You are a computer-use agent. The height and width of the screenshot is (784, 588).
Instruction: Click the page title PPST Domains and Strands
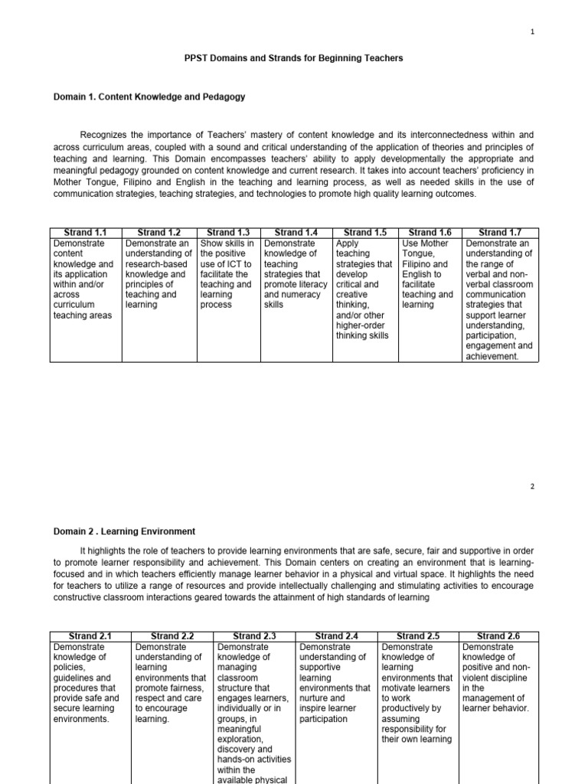point(294,58)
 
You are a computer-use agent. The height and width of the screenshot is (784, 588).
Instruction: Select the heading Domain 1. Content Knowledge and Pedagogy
point(149,96)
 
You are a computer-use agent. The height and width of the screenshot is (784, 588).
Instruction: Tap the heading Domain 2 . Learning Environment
point(124,531)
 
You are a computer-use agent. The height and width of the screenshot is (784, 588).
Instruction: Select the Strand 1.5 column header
point(366,232)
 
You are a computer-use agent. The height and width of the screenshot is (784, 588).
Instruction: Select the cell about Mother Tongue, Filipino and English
point(430,274)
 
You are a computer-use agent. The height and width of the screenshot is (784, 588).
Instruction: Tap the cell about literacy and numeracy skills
point(296,274)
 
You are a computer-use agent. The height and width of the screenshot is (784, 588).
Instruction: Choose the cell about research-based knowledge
point(159,274)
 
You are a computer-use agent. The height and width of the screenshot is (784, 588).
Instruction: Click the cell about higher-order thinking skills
point(365,289)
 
